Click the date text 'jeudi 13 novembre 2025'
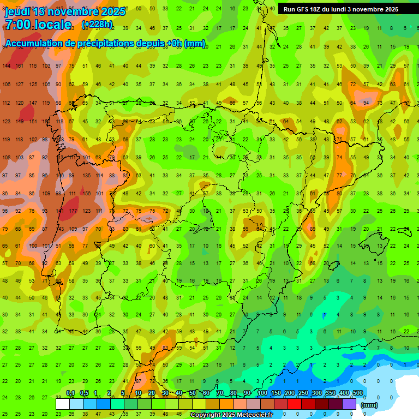tap(64, 11)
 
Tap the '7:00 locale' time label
tap(38, 25)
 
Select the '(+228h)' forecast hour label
tap(97, 25)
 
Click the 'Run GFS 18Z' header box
tap(341, 9)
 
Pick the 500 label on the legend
tap(357, 393)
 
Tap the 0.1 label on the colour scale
tap(70, 393)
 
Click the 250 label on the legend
tap(303, 393)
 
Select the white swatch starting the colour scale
tap(63, 404)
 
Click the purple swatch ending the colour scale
tap(350, 404)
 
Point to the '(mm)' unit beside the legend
tap(369, 405)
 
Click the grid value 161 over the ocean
tap(20, 66)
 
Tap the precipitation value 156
tap(86, 194)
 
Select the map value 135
tap(86, 176)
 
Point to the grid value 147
tap(33, 103)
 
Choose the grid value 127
tap(20, 85)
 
